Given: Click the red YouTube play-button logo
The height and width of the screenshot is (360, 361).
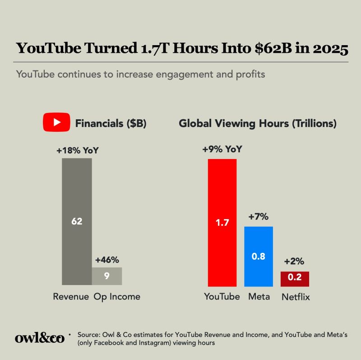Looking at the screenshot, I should [x=56, y=123].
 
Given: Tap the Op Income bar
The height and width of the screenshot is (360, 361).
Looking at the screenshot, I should [x=107, y=276].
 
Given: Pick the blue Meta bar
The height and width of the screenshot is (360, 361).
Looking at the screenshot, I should [x=259, y=256].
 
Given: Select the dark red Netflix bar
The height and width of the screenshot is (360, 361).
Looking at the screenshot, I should [x=295, y=279].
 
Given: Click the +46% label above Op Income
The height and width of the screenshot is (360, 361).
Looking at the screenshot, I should [x=107, y=260].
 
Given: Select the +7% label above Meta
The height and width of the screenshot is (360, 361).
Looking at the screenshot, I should [x=259, y=217].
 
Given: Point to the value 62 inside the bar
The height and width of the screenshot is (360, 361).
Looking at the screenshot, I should [x=77, y=221].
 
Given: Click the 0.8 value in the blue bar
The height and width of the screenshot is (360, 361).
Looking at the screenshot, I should [x=259, y=257].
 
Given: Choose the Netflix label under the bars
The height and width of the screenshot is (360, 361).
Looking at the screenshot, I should [x=296, y=297].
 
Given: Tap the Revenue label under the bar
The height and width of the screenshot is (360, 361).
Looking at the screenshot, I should [x=71, y=297].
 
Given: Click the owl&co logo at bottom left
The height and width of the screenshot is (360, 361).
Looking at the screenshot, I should [x=39, y=338].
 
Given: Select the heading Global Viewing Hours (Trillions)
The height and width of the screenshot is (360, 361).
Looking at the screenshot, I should [x=258, y=123].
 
